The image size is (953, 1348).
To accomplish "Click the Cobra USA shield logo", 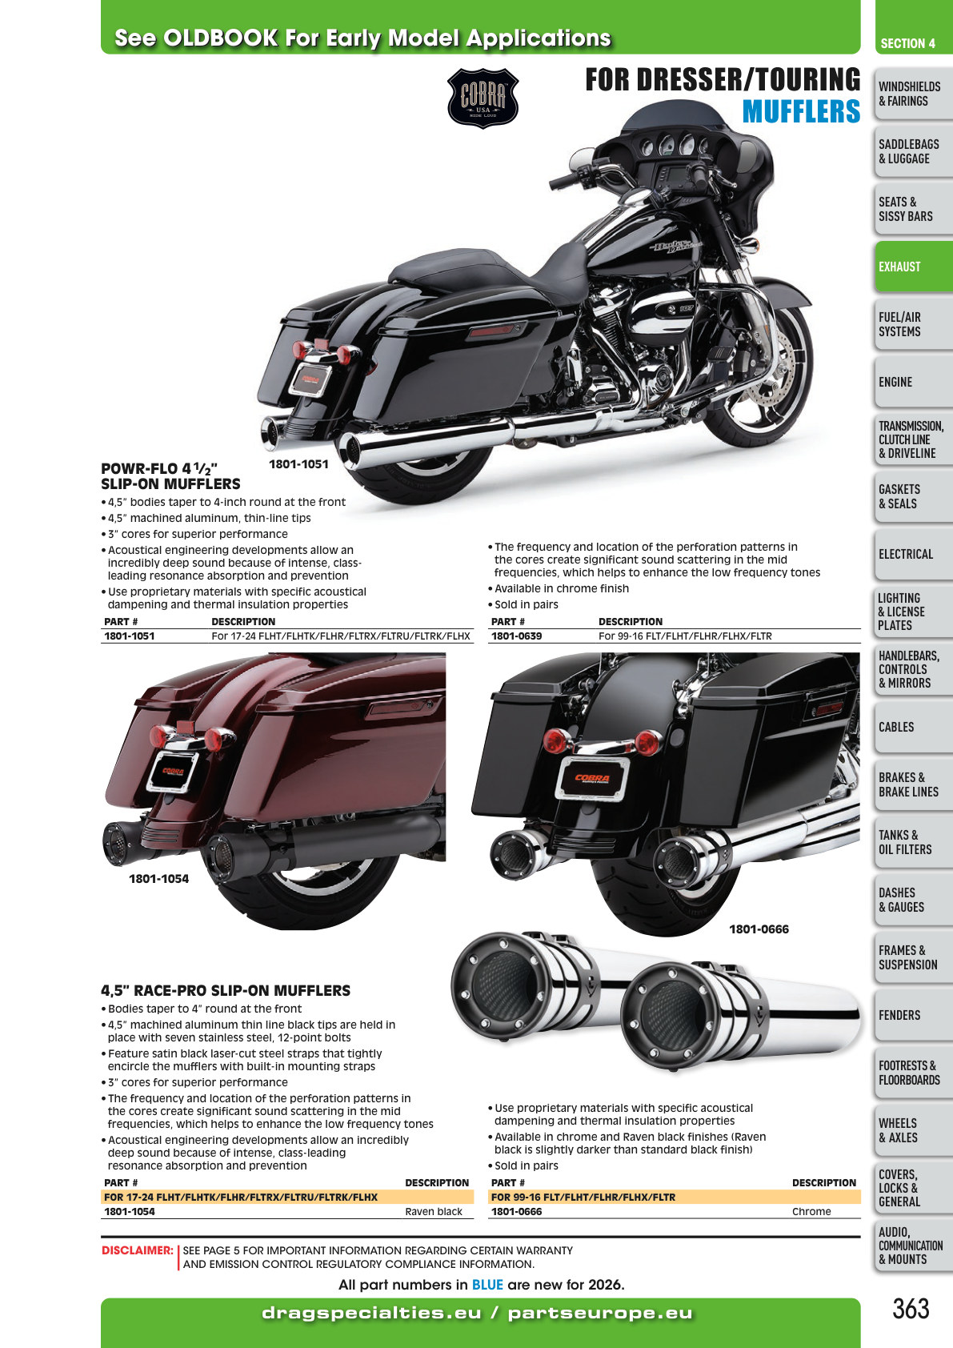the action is click(483, 98).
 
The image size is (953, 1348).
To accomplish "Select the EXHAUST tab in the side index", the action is click(913, 267).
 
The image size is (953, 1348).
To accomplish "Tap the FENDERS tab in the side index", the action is click(913, 1015).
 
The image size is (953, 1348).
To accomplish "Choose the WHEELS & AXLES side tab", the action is click(913, 1130).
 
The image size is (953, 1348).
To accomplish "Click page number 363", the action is click(911, 1308).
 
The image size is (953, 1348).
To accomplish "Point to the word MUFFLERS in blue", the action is click(801, 111).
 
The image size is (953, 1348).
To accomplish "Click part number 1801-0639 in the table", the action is click(516, 636).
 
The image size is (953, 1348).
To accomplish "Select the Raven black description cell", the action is click(434, 1211).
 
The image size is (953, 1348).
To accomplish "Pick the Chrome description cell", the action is click(811, 1211).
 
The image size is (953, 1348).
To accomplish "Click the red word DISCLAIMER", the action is click(137, 1250).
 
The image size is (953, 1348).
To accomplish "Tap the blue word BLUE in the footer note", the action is click(487, 1285).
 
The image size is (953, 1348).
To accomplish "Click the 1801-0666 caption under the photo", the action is click(759, 929).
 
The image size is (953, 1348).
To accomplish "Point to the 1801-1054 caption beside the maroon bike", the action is click(158, 879).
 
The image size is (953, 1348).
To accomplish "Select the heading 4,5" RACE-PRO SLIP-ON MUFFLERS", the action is click(226, 990).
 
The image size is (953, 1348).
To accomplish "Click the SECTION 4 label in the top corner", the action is click(907, 43).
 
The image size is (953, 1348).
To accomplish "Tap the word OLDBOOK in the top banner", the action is click(221, 38).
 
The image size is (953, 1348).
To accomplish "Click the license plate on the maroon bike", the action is click(172, 771).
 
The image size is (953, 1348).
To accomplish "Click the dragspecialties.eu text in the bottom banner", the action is click(372, 1313).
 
